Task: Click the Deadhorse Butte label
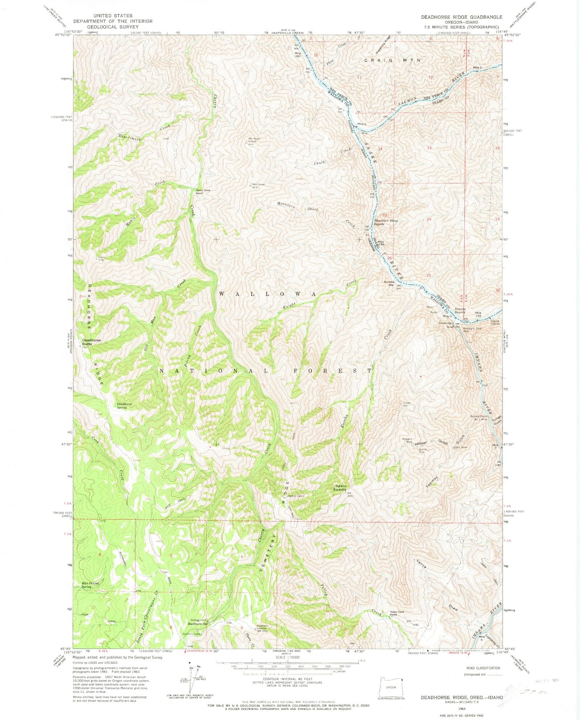(x=90, y=342)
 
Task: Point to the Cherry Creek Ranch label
(x=203, y=191)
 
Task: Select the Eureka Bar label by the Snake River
(x=389, y=284)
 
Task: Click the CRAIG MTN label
(x=392, y=60)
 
